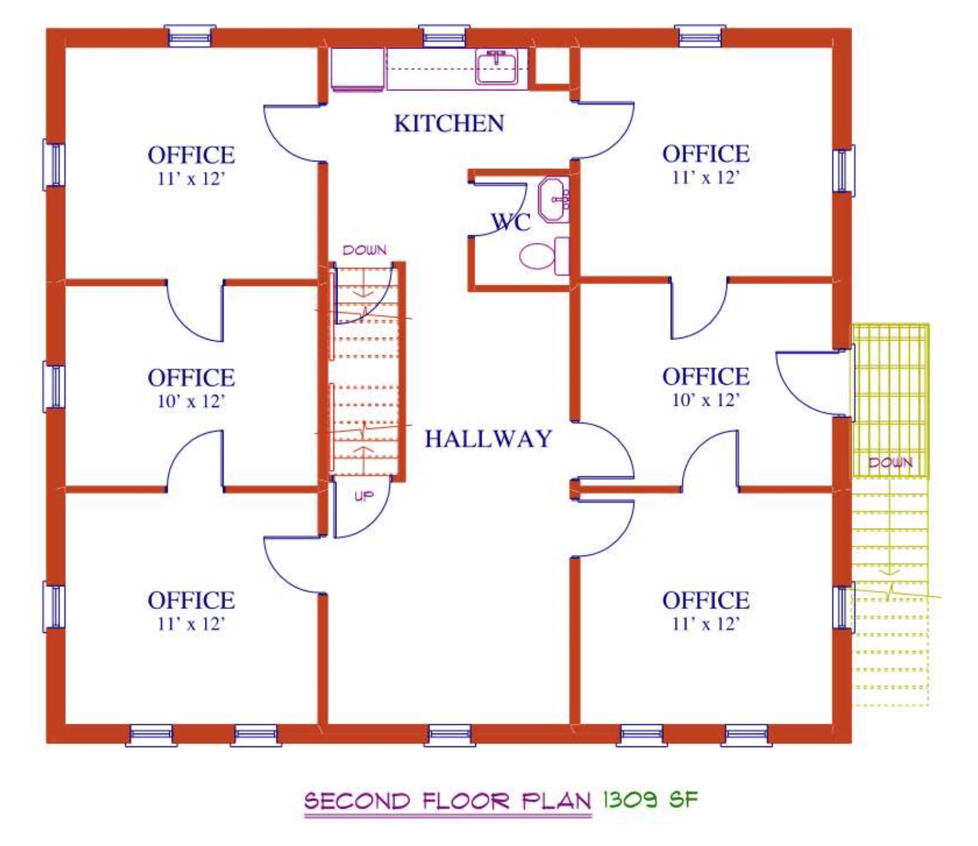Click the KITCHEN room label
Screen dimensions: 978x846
449,123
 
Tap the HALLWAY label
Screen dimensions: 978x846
488,438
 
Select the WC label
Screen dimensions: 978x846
510,222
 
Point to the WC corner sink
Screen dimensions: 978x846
554,200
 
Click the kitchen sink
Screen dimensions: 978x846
496,67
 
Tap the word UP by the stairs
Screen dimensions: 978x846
364,495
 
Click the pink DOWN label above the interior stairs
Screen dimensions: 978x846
364,250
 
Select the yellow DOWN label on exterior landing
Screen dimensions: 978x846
890,462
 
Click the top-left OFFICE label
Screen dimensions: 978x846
191,155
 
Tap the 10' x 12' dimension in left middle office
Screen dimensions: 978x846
191,402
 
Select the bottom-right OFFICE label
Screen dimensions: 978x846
706,600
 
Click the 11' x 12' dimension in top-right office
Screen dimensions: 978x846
706,177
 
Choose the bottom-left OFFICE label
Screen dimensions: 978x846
191,600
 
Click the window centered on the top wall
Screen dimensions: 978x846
444,36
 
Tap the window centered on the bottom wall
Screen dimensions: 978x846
450,734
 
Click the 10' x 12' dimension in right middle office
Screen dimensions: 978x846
706,400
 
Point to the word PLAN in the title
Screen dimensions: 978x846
556,801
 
